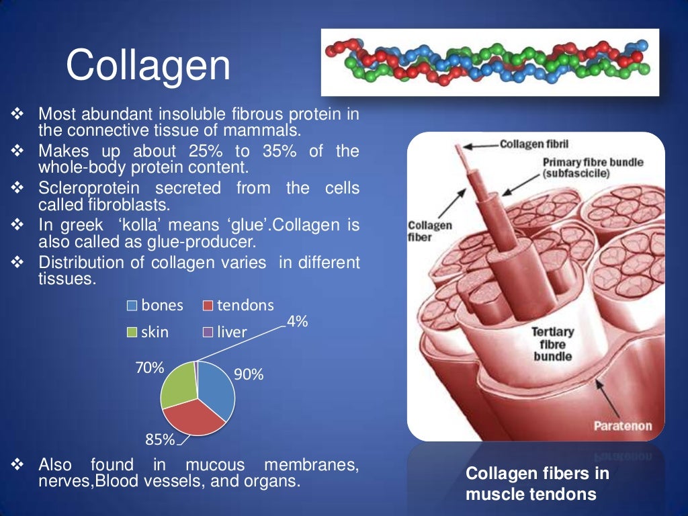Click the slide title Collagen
148,66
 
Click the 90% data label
248,375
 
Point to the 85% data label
160,440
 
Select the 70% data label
150,368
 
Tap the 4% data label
297,322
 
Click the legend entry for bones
155,306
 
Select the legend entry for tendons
238,306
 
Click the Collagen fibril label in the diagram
534,144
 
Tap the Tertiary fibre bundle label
552,343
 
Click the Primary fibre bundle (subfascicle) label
583,168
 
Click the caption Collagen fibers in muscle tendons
537,484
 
